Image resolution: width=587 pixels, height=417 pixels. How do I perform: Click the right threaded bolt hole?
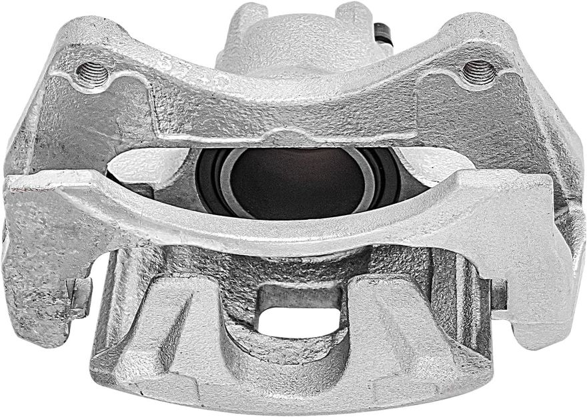click(478, 71)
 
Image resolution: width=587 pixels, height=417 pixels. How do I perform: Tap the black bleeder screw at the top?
click(383, 32)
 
